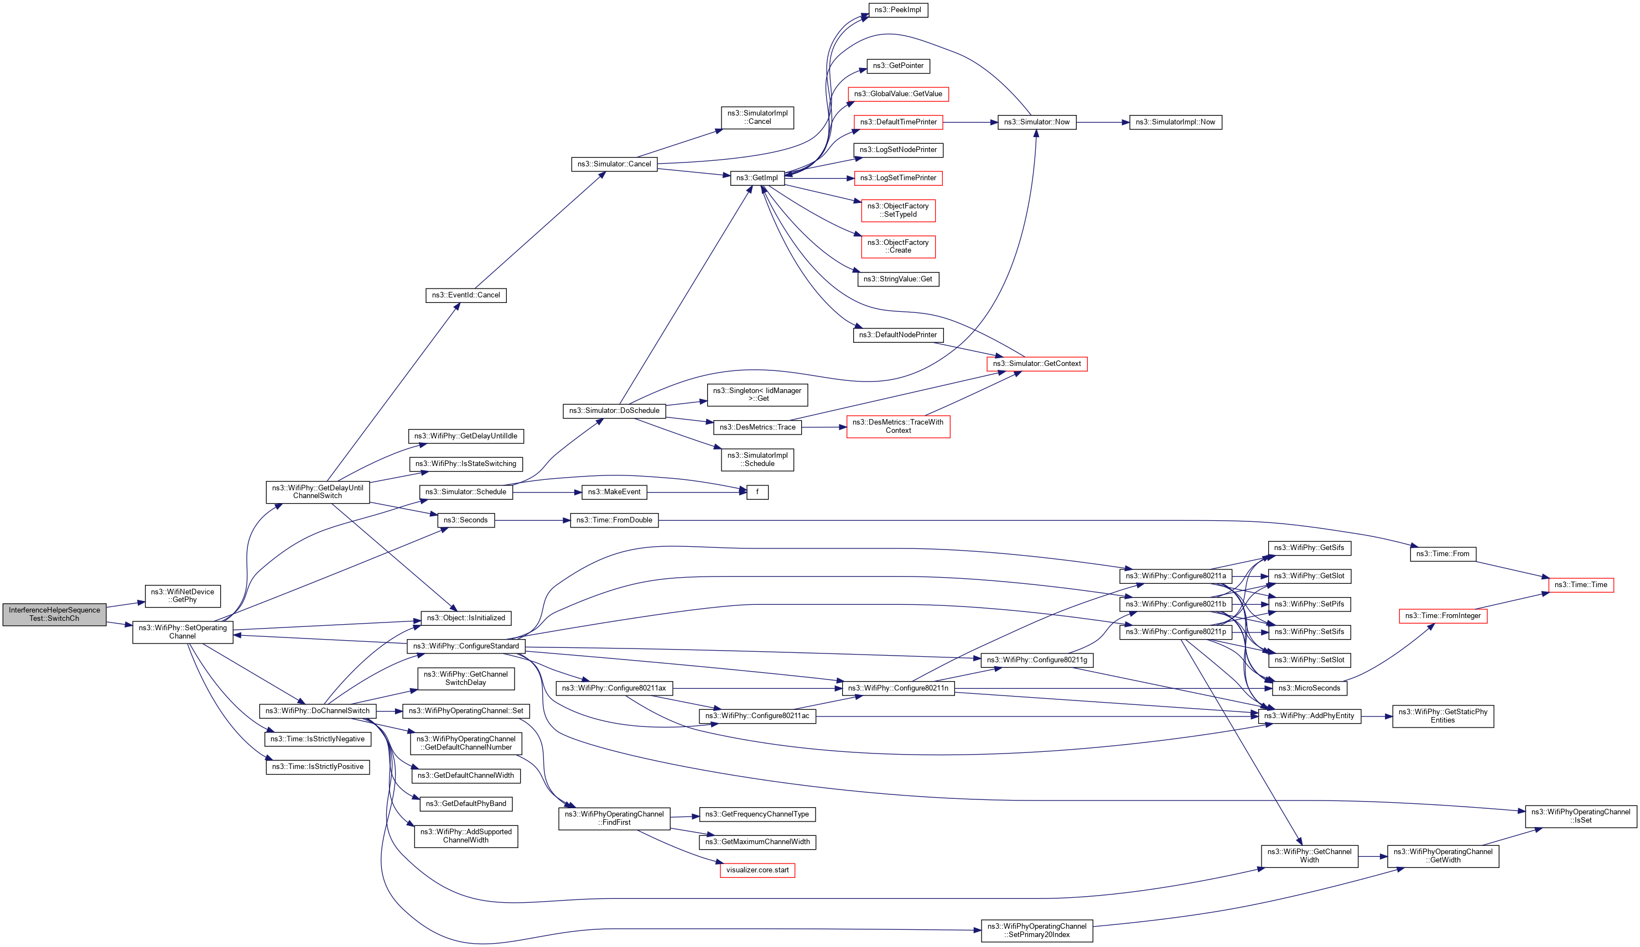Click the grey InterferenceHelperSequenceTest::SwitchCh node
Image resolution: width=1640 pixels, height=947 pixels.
coord(54,614)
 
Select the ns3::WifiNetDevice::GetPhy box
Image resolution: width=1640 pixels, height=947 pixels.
coord(182,596)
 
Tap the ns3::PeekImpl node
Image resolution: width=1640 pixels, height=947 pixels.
coord(897,11)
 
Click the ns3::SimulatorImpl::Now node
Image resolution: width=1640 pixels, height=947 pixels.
coord(1175,122)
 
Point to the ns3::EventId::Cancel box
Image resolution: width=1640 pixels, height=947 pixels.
coord(465,295)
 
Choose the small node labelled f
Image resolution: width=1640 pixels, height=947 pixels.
coord(757,493)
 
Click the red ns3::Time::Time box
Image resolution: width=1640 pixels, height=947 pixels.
coord(1580,585)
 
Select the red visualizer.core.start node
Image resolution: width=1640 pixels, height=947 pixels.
coord(757,870)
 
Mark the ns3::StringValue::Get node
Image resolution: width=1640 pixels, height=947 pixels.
coord(897,279)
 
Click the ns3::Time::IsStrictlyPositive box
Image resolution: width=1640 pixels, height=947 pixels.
coord(318,767)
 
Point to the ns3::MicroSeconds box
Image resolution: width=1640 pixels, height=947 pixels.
coord(1309,688)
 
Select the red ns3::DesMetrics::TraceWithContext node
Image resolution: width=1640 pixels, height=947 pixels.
coord(897,427)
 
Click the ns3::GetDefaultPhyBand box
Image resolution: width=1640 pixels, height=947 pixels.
coord(465,804)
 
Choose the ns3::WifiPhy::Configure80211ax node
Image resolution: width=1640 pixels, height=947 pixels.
coord(614,688)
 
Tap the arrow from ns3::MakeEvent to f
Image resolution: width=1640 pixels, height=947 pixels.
coord(697,493)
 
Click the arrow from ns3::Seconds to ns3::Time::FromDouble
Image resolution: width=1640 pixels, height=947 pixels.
coord(532,520)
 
